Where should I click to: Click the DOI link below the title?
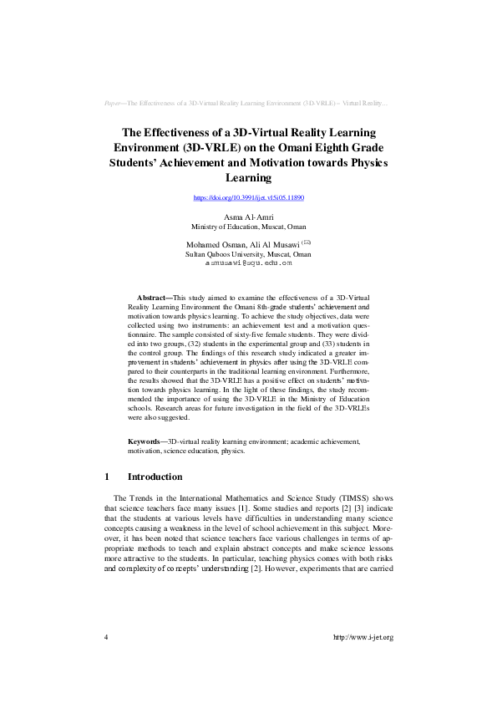coord(248,198)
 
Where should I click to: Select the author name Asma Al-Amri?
coord(248,217)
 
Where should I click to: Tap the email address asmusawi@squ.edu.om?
coord(248,263)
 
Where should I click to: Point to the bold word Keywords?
coord(145,441)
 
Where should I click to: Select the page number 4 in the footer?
coord(106,637)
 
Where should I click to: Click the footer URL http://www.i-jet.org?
coord(363,637)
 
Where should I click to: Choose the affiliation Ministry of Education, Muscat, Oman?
coord(248,227)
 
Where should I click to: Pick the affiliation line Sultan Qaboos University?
coord(248,253)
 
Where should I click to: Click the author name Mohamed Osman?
coord(212,244)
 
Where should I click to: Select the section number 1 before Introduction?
coord(107,477)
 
